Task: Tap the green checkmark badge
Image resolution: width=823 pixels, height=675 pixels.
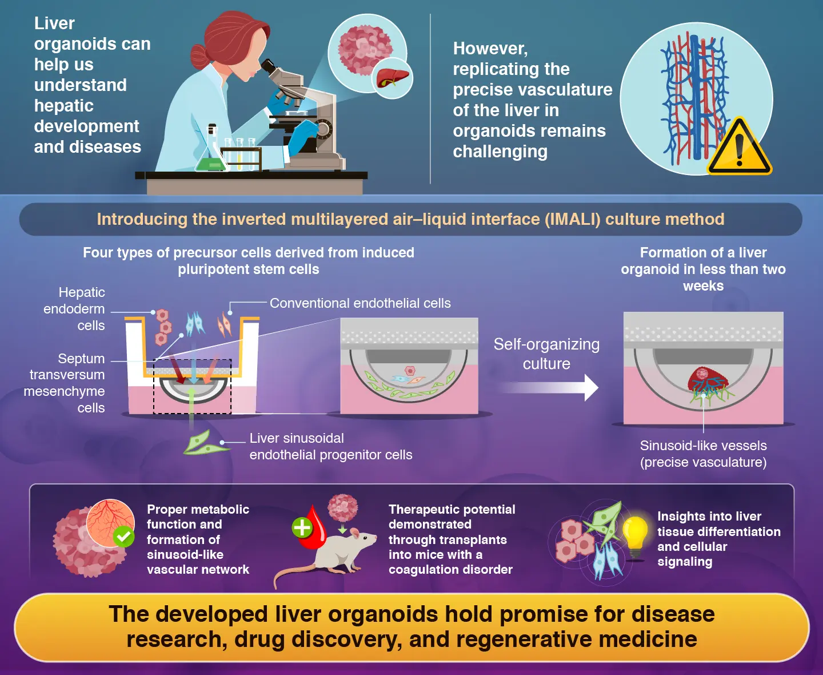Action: (x=123, y=537)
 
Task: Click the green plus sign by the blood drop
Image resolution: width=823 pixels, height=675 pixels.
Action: (x=302, y=527)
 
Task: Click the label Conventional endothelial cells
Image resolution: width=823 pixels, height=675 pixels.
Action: (x=360, y=303)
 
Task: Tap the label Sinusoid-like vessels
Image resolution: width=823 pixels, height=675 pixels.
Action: (x=703, y=446)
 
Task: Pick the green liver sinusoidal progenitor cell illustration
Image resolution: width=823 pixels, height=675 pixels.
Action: (x=203, y=443)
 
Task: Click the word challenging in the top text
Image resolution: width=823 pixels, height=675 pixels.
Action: (x=500, y=152)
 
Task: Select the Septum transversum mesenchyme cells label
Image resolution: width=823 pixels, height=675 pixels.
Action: (x=66, y=383)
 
